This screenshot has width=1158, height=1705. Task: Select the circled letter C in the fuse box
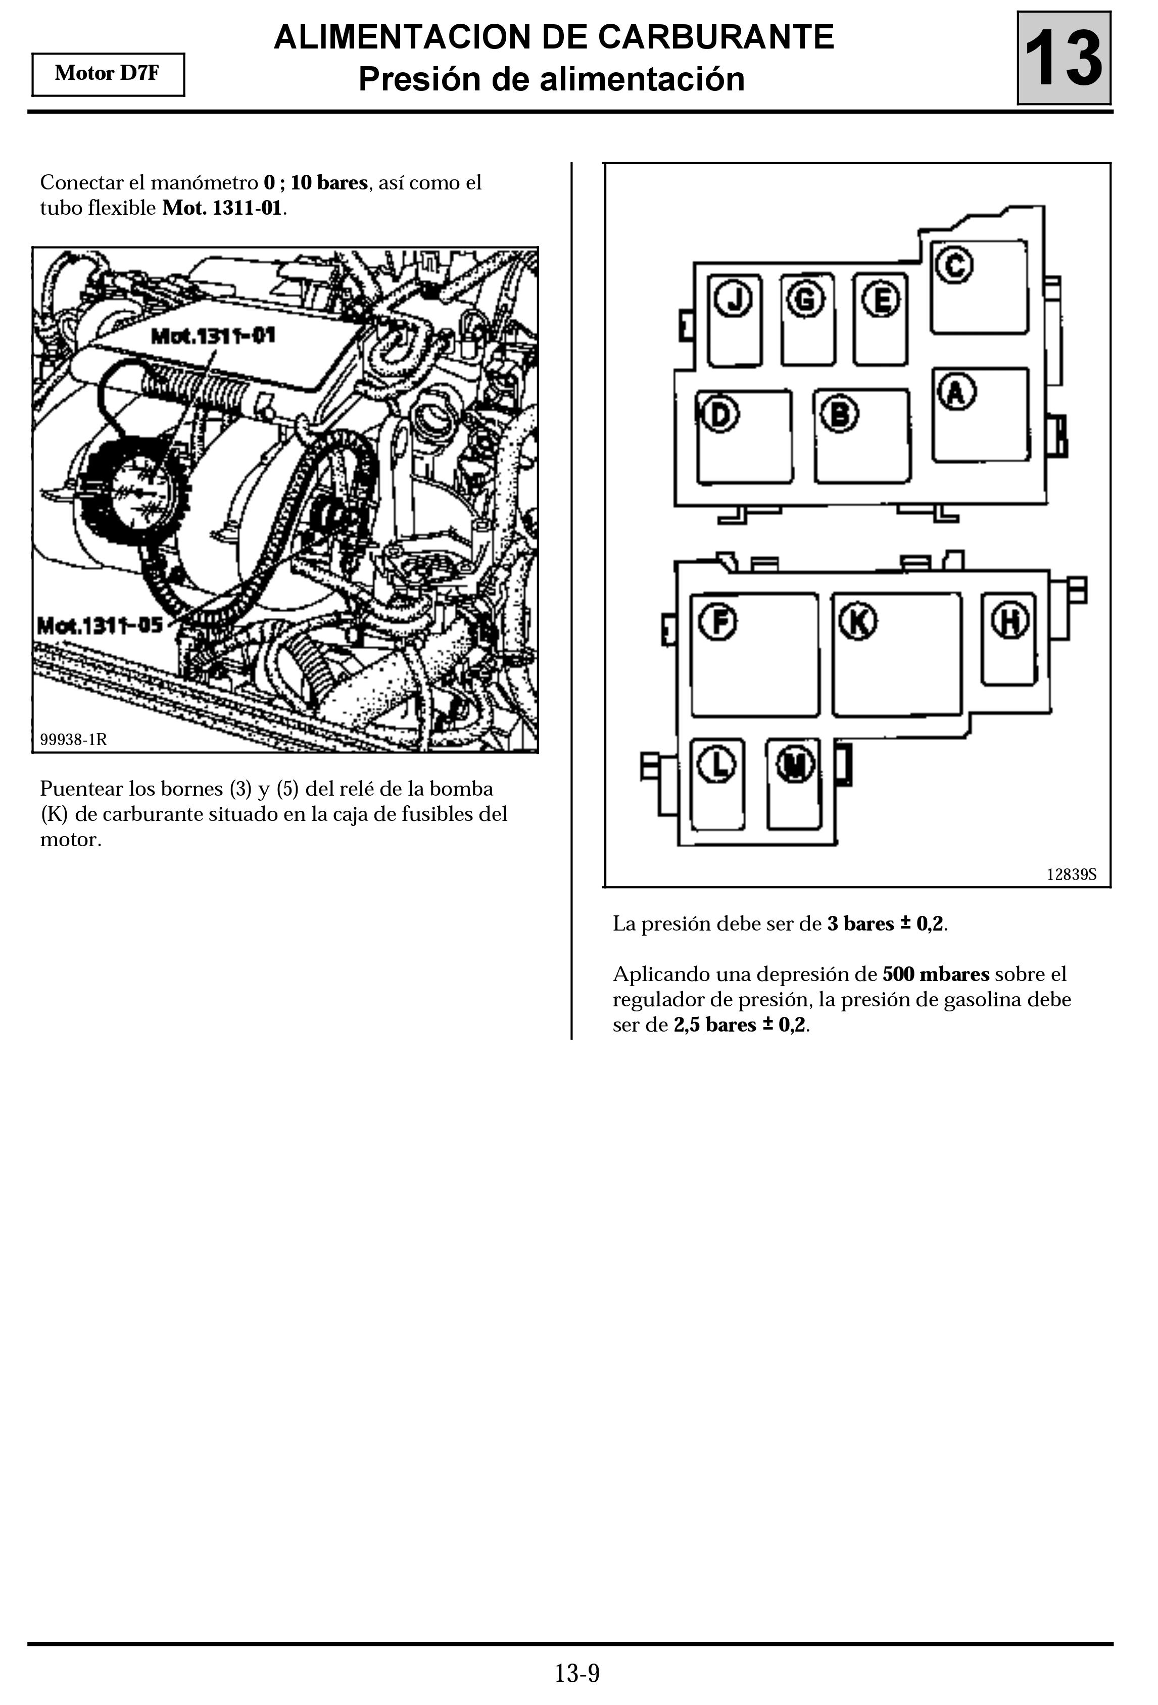(x=954, y=265)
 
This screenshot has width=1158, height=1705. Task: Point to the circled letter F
(x=718, y=621)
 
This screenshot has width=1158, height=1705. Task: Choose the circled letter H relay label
(x=1010, y=621)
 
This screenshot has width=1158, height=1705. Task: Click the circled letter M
(x=795, y=764)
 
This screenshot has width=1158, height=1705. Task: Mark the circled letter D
(x=720, y=415)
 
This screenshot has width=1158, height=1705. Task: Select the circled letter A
(x=955, y=392)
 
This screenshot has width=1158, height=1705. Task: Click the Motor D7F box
(x=108, y=74)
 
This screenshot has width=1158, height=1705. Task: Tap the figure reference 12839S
(x=1071, y=874)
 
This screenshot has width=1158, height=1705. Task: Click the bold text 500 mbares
(x=936, y=975)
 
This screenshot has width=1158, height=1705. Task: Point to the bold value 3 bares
(x=860, y=923)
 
